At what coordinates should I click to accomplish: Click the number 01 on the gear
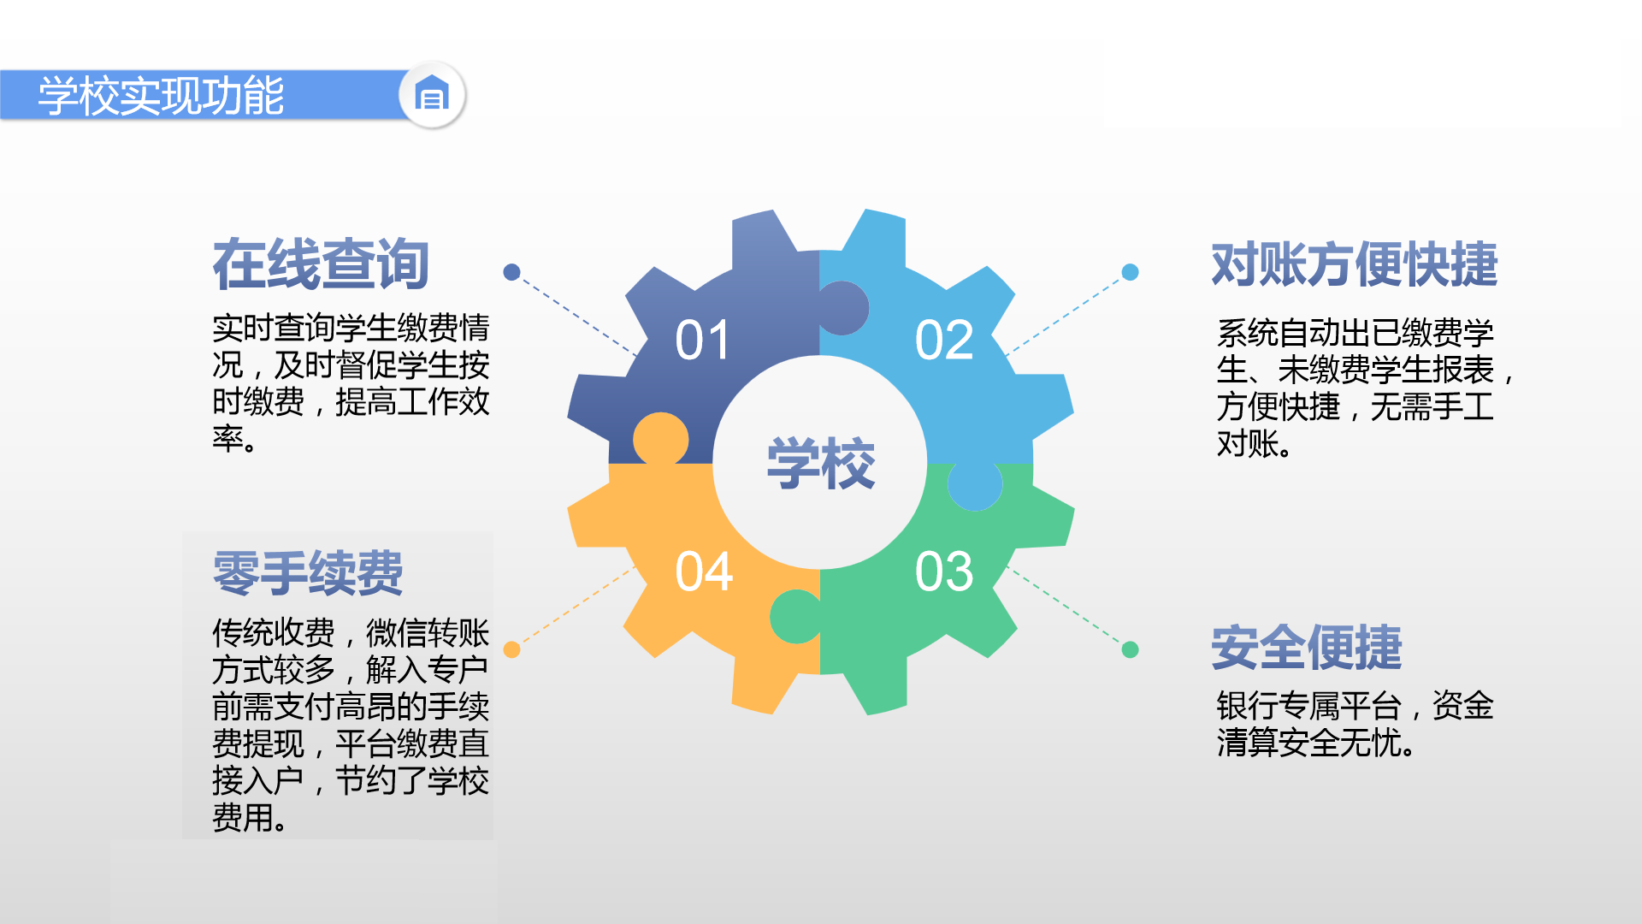(702, 340)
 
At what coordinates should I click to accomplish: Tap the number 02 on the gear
(944, 340)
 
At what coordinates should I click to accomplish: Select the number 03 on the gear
(944, 571)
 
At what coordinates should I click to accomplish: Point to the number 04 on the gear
(704, 571)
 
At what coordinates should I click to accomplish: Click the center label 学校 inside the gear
(821, 463)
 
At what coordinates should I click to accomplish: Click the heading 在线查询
(321, 264)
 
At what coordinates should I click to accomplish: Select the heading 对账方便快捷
(1355, 264)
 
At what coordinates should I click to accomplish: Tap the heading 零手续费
(308, 572)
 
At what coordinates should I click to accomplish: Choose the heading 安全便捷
(1307, 648)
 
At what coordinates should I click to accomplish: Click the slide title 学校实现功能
(161, 95)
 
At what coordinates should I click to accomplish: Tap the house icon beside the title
(432, 93)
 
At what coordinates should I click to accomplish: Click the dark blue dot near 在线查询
(511, 272)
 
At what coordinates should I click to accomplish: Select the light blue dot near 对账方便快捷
(1130, 272)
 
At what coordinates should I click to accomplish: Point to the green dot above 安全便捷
(1130, 649)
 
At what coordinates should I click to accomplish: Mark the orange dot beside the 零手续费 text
(511, 649)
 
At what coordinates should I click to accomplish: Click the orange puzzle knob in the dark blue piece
(661, 439)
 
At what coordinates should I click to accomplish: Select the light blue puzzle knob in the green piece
(975, 485)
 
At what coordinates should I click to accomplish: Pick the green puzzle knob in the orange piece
(795, 616)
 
